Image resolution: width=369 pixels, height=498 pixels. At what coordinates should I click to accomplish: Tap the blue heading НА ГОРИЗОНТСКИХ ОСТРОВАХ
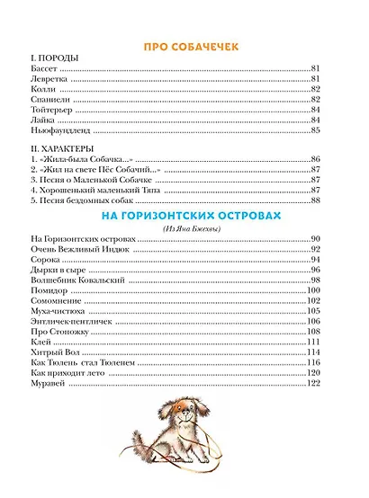click(184, 218)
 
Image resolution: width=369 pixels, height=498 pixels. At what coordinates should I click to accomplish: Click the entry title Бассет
click(42, 68)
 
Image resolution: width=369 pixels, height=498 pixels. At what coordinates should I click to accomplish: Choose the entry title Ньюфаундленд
click(58, 130)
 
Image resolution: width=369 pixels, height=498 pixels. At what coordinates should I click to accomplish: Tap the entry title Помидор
click(49, 290)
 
